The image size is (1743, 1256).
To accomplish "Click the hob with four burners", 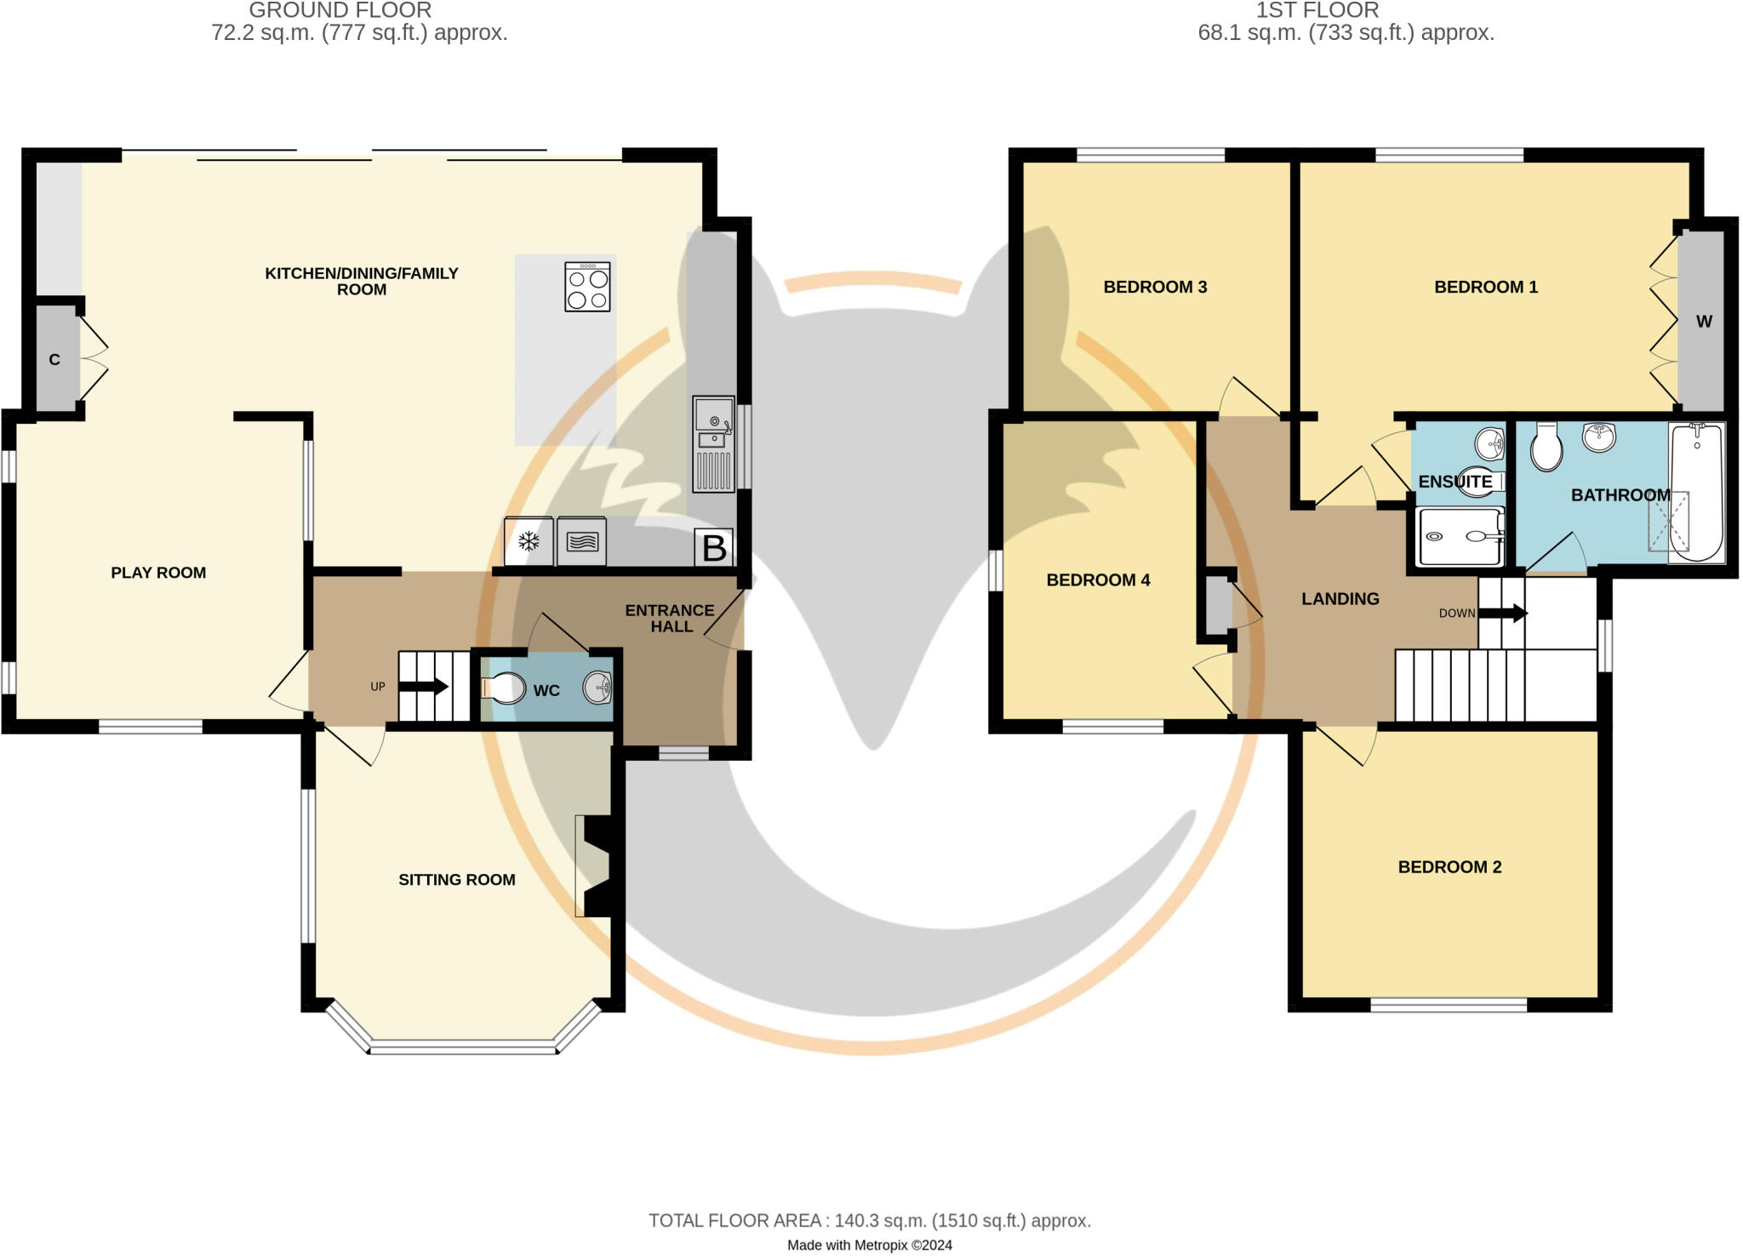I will (x=587, y=287).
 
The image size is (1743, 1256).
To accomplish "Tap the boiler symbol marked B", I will (x=714, y=547).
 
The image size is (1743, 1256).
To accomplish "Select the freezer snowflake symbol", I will (x=529, y=541).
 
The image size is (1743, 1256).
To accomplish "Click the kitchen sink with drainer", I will (x=713, y=444).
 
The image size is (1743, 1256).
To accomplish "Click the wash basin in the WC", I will (x=598, y=687).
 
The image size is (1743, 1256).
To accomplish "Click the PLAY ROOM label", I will (x=158, y=573).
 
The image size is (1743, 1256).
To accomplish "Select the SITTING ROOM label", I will (x=457, y=880).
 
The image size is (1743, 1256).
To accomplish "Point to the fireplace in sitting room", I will (x=596, y=865).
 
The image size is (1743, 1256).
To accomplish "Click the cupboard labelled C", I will (x=54, y=359).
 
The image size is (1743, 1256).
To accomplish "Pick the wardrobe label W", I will (x=1703, y=322).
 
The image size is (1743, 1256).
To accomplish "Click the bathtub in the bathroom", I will (x=1697, y=492).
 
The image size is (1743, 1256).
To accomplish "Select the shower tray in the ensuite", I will (x=1459, y=536).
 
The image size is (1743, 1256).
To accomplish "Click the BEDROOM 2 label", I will (x=1449, y=867).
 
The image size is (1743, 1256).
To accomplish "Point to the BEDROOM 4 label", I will (x=1098, y=580).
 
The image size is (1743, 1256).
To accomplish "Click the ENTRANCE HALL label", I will (x=670, y=618).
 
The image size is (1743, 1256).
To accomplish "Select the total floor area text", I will (x=870, y=1220).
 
